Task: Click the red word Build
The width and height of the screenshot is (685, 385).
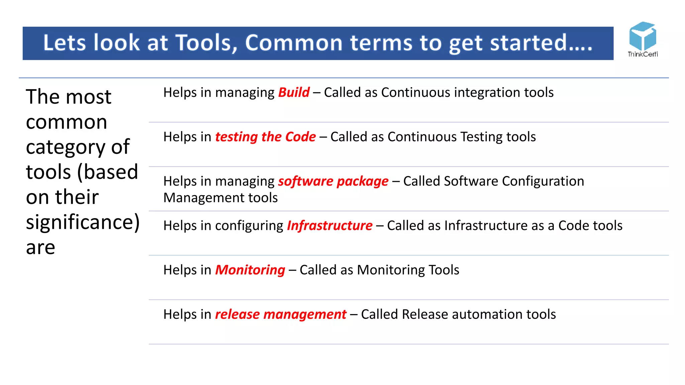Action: (x=294, y=93)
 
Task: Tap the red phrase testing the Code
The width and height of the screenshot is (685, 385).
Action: (x=265, y=137)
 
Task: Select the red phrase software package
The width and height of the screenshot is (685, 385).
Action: (x=333, y=181)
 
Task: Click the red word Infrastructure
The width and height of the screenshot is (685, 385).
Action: (x=329, y=226)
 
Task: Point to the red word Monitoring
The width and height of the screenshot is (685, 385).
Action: (x=250, y=270)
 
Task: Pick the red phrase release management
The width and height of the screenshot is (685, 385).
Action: (x=280, y=314)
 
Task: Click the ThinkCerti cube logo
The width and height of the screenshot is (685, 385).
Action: (x=642, y=36)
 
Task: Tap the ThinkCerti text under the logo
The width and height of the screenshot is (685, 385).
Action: (x=643, y=54)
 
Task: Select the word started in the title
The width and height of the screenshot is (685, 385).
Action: (x=533, y=43)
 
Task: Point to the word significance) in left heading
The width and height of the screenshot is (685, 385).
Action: (x=83, y=222)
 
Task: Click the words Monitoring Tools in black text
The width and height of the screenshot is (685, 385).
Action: (x=408, y=270)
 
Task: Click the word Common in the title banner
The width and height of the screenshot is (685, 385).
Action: (x=294, y=43)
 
